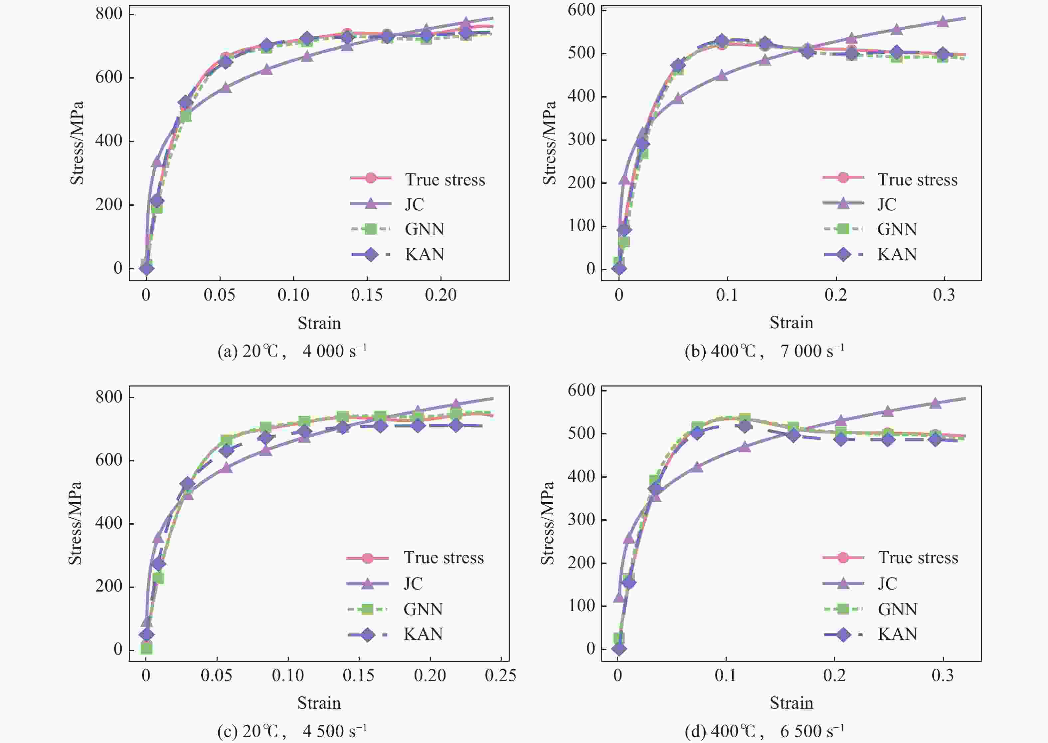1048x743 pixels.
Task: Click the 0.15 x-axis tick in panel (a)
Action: [x=367, y=295]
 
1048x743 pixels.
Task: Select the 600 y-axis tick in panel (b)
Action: [x=581, y=10]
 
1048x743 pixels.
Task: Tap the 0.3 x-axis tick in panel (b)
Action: [x=944, y=295]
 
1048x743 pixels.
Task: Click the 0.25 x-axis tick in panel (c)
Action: [x=501, y=676]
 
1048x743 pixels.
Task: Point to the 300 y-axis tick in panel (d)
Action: [x=581, y=519]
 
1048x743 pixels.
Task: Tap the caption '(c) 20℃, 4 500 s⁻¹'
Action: [x=292, y=731]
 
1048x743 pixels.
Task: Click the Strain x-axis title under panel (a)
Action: [x=319, y=323]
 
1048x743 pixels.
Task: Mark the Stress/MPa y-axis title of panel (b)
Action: [x=550, y=143]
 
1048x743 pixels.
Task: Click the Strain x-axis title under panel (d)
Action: [x=791, y=703]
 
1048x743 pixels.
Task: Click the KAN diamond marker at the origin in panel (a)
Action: [x=146, y=268]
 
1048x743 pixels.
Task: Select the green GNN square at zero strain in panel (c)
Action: [x=146, y=648]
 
